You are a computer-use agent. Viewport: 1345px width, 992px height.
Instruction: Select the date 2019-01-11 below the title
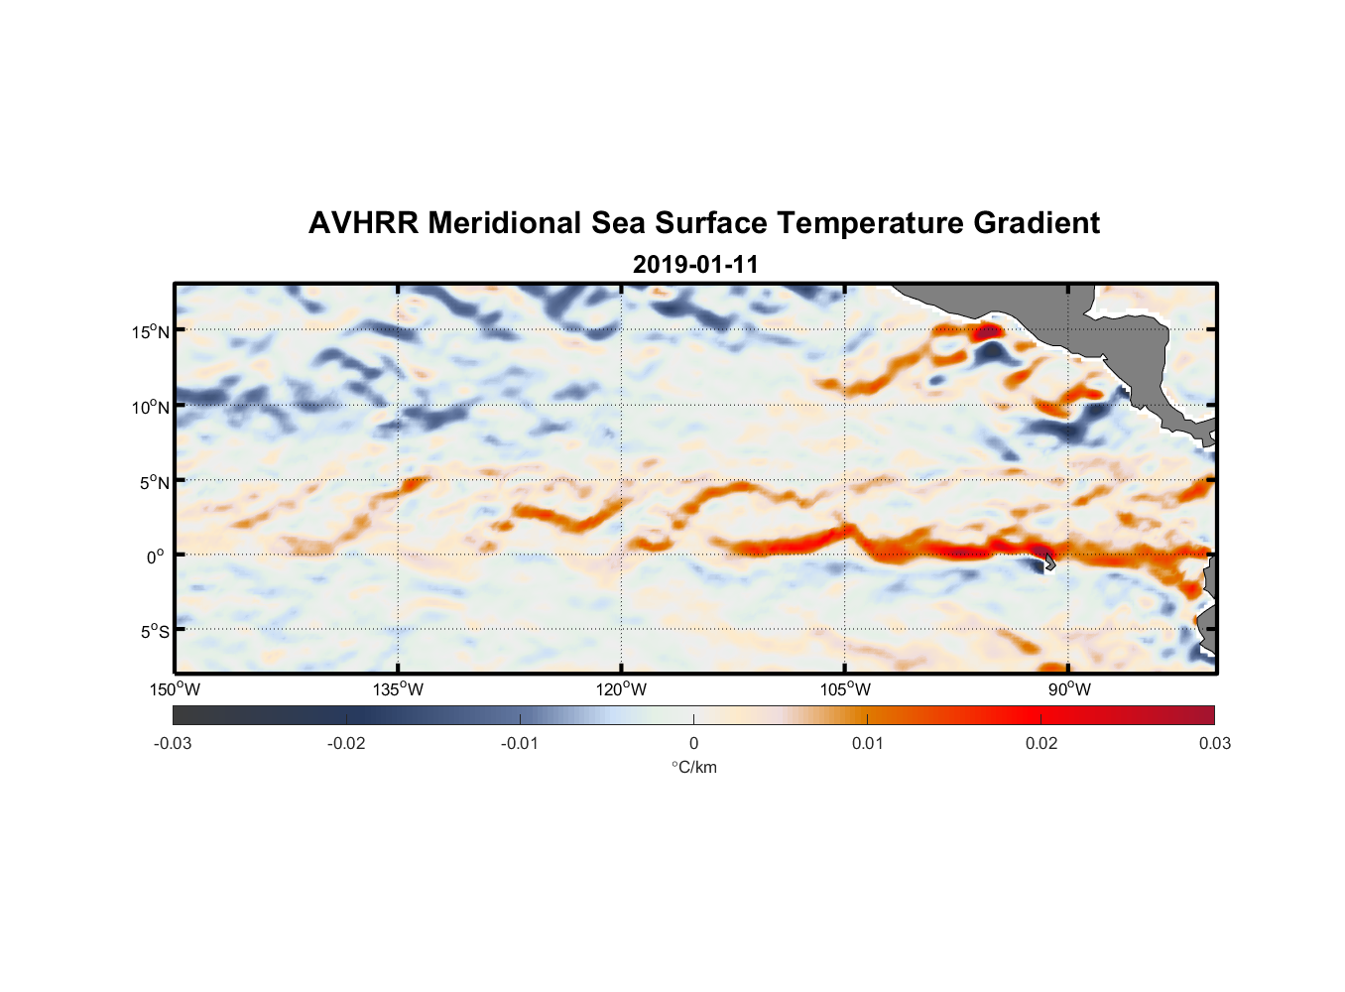(695, 265)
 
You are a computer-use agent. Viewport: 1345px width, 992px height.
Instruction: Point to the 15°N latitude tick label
(151, 331)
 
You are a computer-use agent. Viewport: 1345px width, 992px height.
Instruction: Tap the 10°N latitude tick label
(151, 407)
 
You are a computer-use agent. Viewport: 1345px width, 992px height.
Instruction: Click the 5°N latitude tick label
(154, 482)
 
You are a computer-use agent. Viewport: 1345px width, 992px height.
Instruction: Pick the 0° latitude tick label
(156, 557)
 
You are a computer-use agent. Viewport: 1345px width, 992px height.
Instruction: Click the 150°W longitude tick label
(175, 689)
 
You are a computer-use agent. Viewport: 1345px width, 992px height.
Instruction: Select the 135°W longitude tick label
(398, 689)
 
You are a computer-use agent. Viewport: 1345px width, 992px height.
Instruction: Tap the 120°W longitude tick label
(621, 689)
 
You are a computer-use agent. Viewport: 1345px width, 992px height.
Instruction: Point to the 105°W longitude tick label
(845, 689)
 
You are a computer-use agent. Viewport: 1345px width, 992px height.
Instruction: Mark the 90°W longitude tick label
(1069, 689)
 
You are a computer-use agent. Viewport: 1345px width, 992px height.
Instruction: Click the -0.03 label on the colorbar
(173, 743)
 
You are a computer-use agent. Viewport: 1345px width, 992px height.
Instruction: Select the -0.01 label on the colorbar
(520, 743)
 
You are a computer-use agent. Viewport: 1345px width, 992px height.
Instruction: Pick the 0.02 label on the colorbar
(1041, 743)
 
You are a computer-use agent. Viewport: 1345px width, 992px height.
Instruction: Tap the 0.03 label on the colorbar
(1214, 743)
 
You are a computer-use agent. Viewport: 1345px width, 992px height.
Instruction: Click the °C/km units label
(694, 767)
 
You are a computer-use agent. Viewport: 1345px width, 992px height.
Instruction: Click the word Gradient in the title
(1037, 223)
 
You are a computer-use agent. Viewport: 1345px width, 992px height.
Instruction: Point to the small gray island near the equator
(1047, 562)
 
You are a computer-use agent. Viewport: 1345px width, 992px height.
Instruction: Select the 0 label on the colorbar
(693, 743)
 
